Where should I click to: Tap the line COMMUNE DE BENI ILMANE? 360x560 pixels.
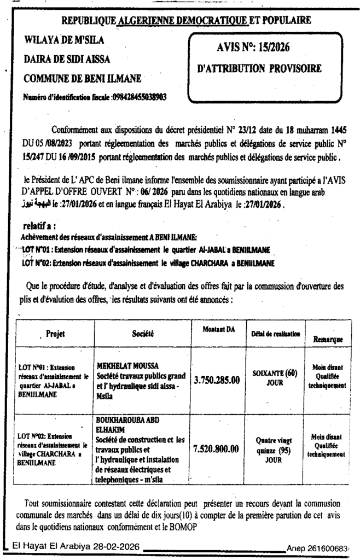pyautogui.click(x=83, y=78)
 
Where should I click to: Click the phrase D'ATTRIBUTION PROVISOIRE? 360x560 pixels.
pyautogui.click(x=259, y=69)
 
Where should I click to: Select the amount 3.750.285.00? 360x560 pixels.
pyautogui.click(x=217, y=380)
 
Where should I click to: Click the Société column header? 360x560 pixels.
pyautogui.click(x=143, y=332)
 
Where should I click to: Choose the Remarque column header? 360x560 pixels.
pyautogui.click(x=328, y=339)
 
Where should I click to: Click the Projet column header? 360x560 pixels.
pyautogui.click(x=56, y=333)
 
